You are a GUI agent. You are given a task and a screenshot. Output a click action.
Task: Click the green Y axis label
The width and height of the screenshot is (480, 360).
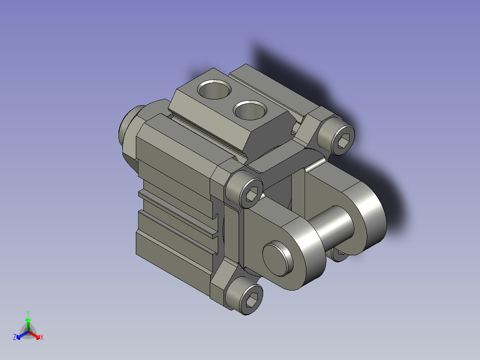(x=28, y=313)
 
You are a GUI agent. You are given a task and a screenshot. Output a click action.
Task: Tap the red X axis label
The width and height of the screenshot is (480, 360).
(x=42, y=337)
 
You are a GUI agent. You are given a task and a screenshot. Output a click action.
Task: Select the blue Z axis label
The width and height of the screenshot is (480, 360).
(x=15, y=337)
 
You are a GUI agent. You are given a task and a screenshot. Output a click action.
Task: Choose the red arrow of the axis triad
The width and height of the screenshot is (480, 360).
(x=36, y=335)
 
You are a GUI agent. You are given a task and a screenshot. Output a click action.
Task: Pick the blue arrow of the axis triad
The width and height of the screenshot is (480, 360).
(x=20, y=335)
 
